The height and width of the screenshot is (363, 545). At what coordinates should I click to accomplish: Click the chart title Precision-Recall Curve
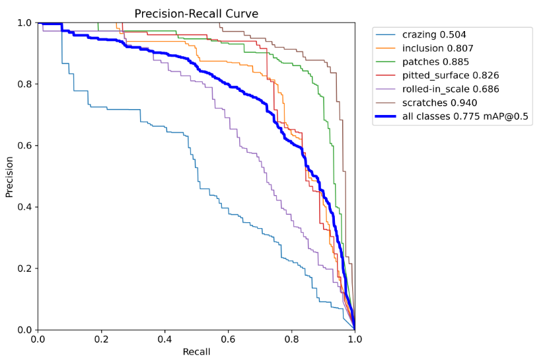[196, 13]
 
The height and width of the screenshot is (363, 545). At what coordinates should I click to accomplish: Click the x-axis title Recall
[196, 352]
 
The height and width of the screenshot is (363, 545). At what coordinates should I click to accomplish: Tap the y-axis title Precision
[10, 177]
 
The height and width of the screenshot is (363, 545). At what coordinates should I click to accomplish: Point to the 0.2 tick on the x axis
[101, 339]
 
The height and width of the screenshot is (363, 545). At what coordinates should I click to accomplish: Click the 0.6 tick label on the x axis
[228, 339]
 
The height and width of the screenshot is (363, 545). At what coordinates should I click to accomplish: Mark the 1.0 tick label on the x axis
[355, 339]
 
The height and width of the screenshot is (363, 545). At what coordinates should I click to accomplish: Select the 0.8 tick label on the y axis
[24, 84]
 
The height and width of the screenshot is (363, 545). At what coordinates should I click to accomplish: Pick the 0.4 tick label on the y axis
[24, 207]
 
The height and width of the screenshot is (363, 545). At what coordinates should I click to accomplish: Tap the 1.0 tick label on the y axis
[24, 22]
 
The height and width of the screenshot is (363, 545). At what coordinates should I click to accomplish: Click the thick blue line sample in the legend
[386, 116]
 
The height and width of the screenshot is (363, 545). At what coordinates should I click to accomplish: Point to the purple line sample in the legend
[386, 89]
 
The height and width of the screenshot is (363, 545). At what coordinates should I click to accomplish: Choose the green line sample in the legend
[386, 61]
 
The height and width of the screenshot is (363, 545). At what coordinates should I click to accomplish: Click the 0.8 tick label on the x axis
[291, 339]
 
